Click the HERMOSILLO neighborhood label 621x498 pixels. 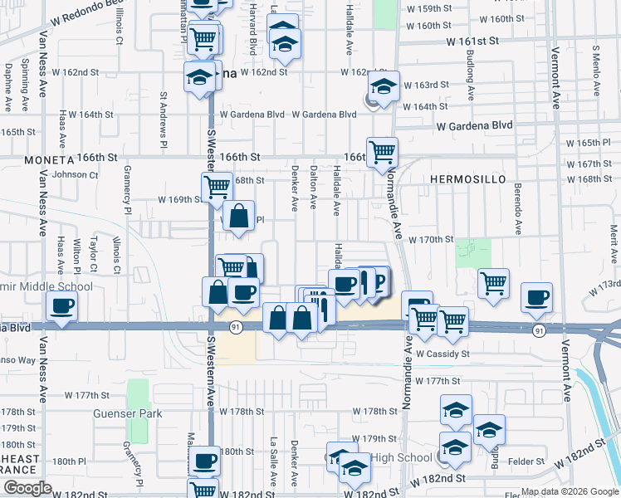[463, 179]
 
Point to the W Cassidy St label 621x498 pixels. [443, 354]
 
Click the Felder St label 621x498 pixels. [527, 461]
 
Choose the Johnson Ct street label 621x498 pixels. [75, 174]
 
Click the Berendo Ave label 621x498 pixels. [517, 208]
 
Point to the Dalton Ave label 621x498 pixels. [313, 187]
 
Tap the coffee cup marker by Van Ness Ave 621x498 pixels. [62, 306]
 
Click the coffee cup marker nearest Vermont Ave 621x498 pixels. [536, 297]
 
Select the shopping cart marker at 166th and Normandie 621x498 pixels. [382, 151]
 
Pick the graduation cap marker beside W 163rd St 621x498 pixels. [384, 85]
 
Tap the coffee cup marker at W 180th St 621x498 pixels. [204, 459]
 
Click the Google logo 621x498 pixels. [27, 488]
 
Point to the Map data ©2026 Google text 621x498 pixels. [570, 491]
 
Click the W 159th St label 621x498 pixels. [432, 8]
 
